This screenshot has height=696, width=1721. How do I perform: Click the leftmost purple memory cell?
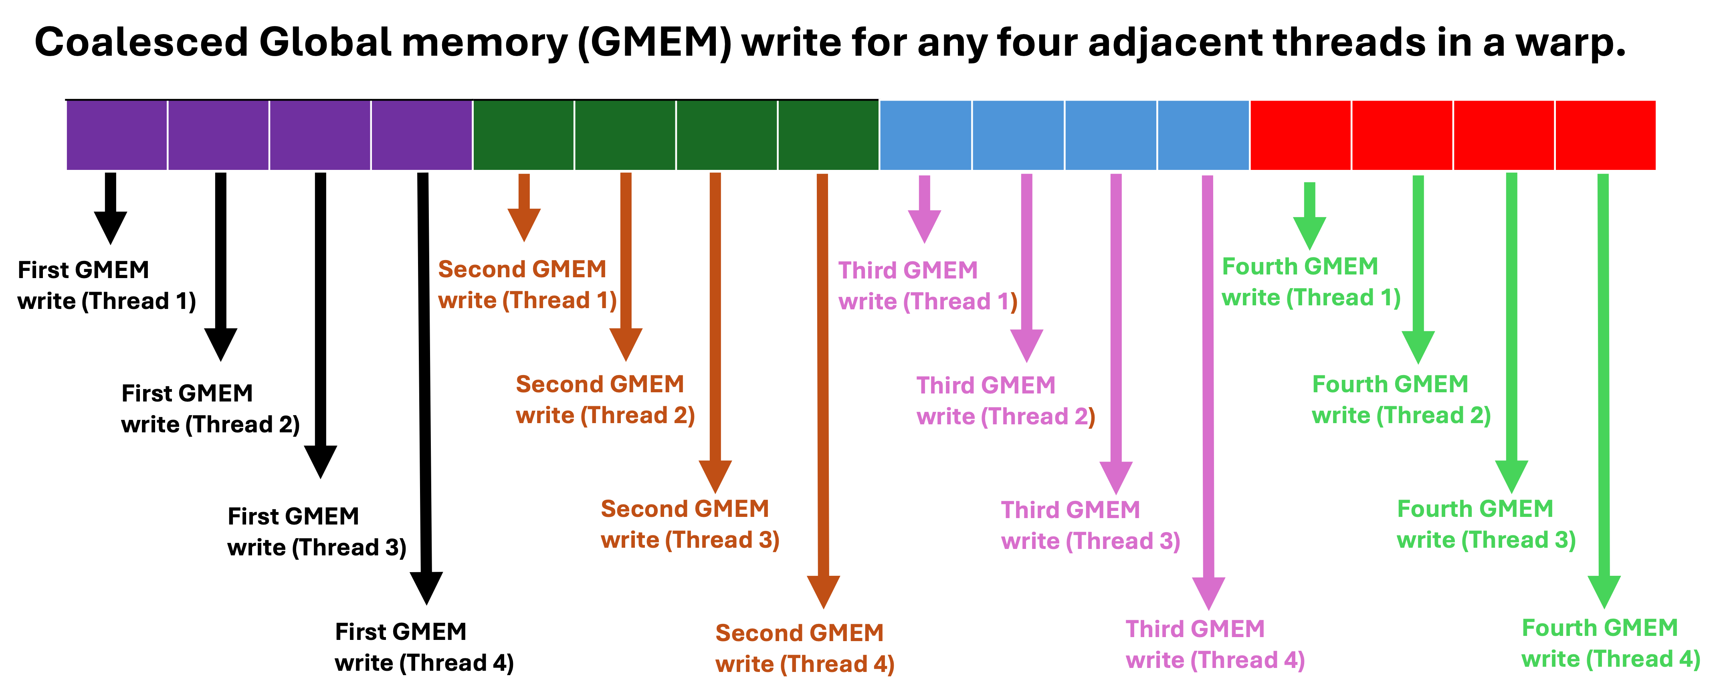pos(117,135)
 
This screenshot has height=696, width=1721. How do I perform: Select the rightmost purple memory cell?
pos(422,135)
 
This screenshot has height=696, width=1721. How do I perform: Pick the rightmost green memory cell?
pos(828,135)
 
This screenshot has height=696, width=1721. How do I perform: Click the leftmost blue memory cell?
pos(926,135)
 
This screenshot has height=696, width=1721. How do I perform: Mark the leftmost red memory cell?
pos(1300,135)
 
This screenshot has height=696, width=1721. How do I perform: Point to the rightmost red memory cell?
pos(1606,135)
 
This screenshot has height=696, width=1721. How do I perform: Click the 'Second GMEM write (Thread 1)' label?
pos(527,284)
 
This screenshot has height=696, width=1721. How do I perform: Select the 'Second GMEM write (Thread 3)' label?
pos(689,525)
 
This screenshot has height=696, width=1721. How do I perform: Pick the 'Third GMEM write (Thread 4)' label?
pos(1214,645)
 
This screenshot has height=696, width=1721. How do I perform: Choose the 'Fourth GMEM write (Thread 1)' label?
pos(1311,282)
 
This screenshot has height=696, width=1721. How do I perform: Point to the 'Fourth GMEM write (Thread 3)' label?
pos(1486,525)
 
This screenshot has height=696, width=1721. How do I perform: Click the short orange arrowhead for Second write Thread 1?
pos(524,224)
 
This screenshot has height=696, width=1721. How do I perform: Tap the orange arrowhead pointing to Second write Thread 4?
pos(823,591)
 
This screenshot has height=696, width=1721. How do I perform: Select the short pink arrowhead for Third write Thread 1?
pos(925,225)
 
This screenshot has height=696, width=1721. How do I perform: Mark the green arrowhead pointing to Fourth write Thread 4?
pos(1604,591)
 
